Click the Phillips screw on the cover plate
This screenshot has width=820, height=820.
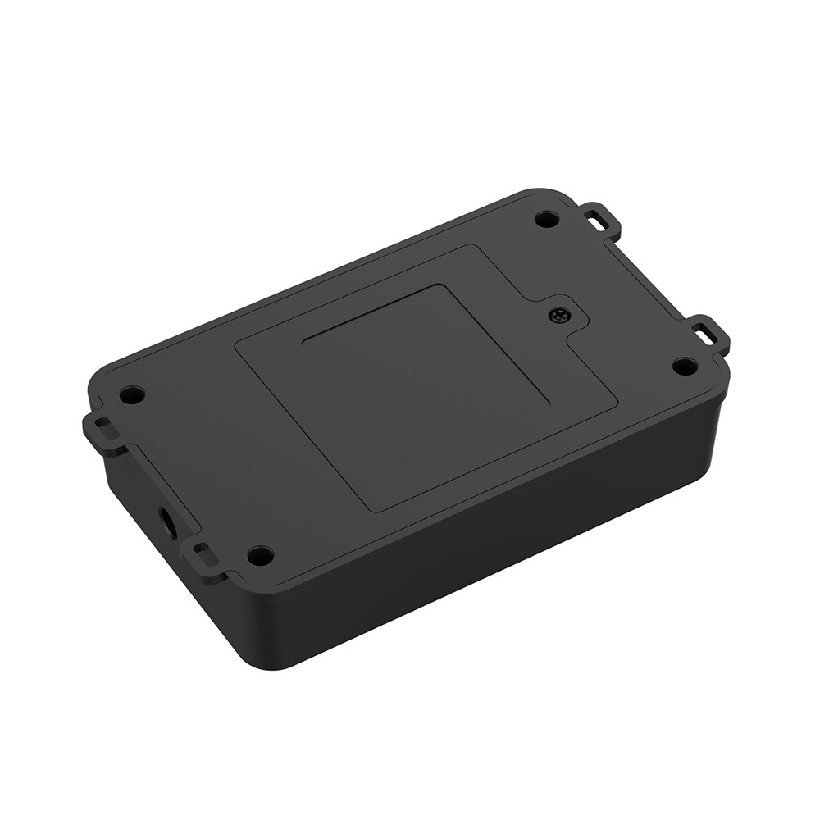(560, 314)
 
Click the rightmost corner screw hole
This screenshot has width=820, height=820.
(685, 366)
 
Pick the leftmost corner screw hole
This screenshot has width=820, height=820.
(131, 395)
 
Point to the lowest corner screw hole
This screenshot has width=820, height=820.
(260, 555)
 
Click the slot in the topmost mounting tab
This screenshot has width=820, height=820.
(600, 218)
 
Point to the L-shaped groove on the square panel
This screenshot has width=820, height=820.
(426, 332)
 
